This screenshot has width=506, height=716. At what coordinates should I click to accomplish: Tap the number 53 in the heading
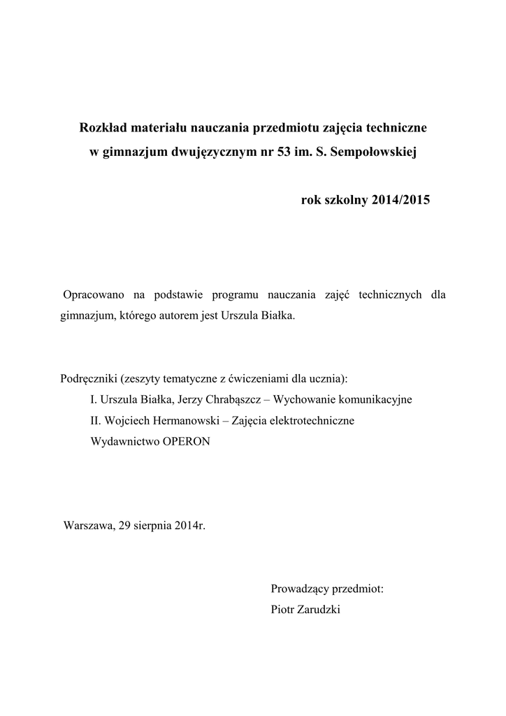click(x=285, y=152)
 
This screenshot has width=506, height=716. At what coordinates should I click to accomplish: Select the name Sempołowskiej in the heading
click(x=378, y=152)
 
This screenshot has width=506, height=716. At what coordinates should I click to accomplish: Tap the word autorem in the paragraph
click(x=166, y=316)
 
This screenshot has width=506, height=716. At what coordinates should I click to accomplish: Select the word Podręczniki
click(x=88, y=379)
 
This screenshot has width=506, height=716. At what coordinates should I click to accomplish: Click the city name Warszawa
click(x=89, y=525)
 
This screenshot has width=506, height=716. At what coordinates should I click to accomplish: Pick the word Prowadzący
click(x=301, y=589)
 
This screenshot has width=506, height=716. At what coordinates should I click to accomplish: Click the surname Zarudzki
click(x=319, y=610)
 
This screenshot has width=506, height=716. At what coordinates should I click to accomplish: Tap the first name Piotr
click(x=282, y=610)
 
